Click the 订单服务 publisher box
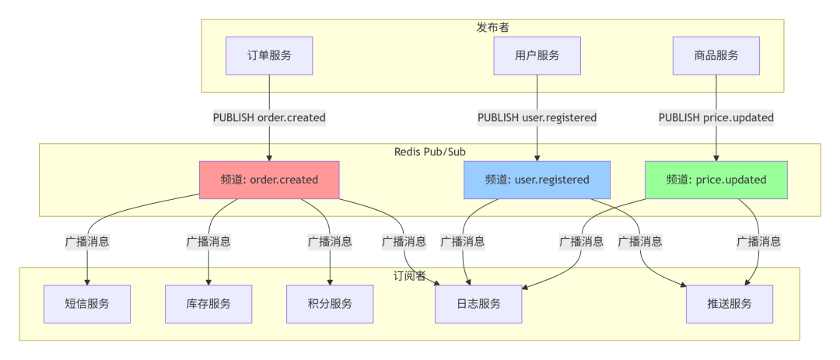pos(269,56)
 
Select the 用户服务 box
pos(537,56)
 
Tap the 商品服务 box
pos(716,56)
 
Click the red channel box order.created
pos(269,180)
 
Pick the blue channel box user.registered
pos(537,180)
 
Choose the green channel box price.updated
pos(716,180)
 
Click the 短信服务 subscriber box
pos(86,303)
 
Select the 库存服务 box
pos(208,303)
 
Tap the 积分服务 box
pos(330,303)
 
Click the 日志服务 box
pos(478,303)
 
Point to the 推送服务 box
pos(730,303)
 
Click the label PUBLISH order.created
pos(269,117)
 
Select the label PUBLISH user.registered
pos(537,117)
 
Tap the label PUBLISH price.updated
pos(716,117)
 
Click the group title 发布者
pos(492,27)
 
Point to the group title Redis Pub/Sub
pos(430,151)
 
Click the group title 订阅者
pos(409,275)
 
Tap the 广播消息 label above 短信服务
pos(86,241)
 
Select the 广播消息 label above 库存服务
pos(208,241)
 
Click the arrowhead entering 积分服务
pos(330,281)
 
